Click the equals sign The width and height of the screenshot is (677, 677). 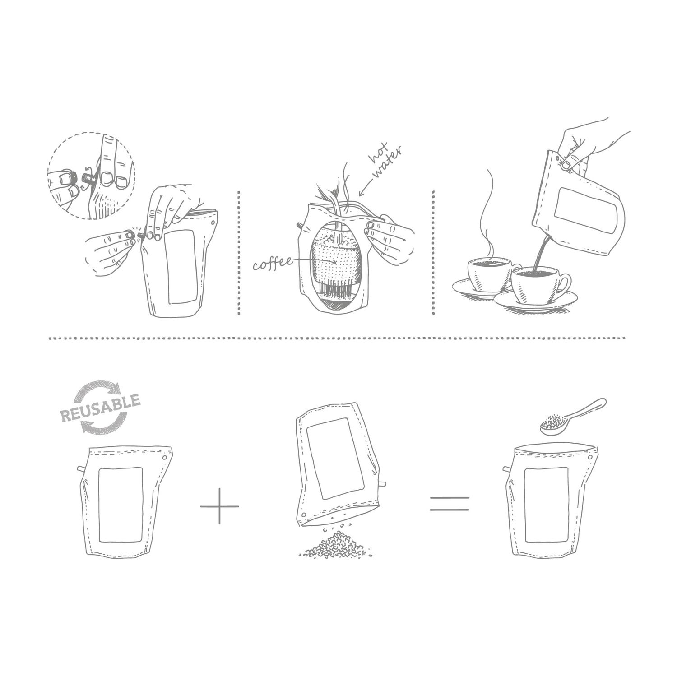coord(449,503)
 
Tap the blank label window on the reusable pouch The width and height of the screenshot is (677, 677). coord(121,504)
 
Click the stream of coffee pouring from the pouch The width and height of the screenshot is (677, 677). coord(539,255)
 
